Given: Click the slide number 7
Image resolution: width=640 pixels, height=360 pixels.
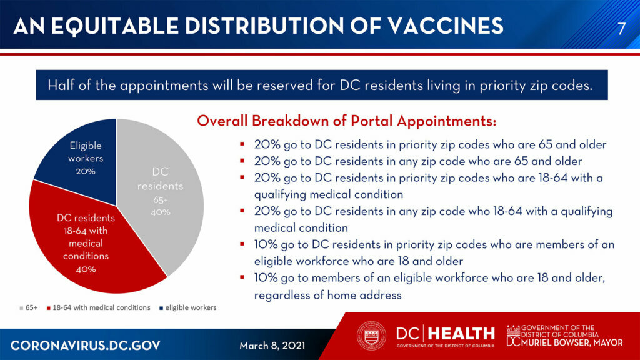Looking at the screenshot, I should [621, 28].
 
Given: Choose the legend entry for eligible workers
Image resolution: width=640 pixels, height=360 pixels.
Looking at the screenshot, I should [187, 307].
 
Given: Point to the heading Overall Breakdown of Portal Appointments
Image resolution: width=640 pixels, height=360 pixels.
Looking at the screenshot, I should [346, 121].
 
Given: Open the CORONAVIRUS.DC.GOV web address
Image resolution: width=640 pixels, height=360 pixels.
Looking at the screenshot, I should [85, 345].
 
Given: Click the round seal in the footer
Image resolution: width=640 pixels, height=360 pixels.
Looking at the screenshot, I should [371, 336].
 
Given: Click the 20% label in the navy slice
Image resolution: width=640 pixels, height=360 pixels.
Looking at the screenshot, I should [86, 171].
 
